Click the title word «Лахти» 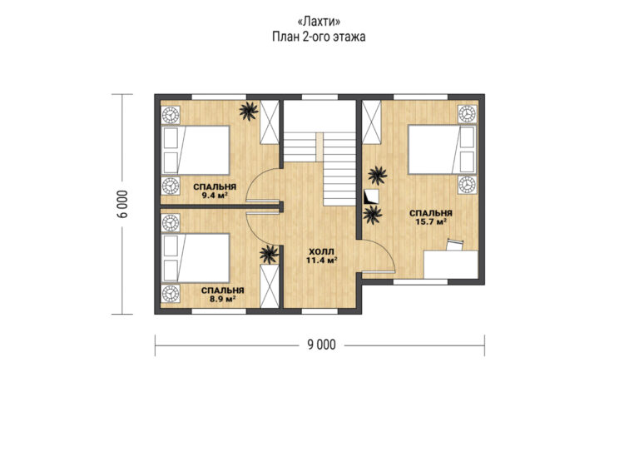click(x=319, y=21)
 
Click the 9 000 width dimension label click(x=321, y=345)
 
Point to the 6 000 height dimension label click(x=124, y=204)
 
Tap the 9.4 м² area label click(x=215, y=196)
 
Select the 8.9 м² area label click(x=223, y=299)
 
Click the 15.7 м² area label click(x=431, y=221)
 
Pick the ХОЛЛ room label click(x=321, y=251)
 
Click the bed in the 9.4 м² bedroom click(x=196, y=151)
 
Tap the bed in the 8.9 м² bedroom click(x=196, y=258)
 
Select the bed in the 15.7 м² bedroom click(x=442, y=149)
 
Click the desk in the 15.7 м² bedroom click(x=451, y=265)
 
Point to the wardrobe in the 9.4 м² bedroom click(x=269, y=122)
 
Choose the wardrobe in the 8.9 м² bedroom click(x=269, y=286)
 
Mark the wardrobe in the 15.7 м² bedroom click(x=371, y=122)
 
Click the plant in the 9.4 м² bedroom click(x=248, y=111)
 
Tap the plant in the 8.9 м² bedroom click(x=269, y=255)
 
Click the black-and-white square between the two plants click(x=371, y=196)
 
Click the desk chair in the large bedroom click(x=455, y=245)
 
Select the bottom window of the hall click(x=319, y=311)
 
